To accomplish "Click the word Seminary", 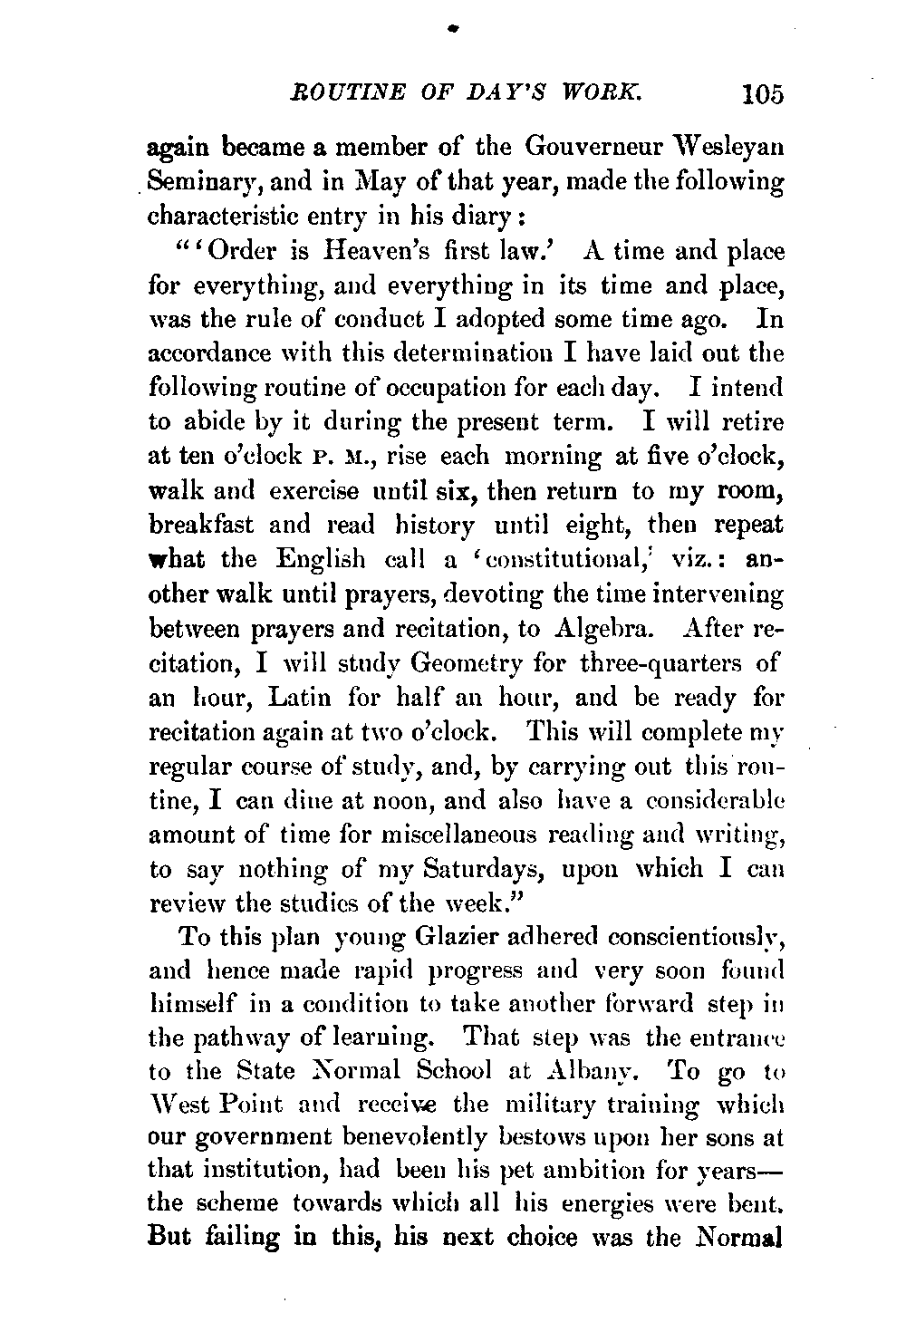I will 193,182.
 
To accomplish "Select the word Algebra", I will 604,629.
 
